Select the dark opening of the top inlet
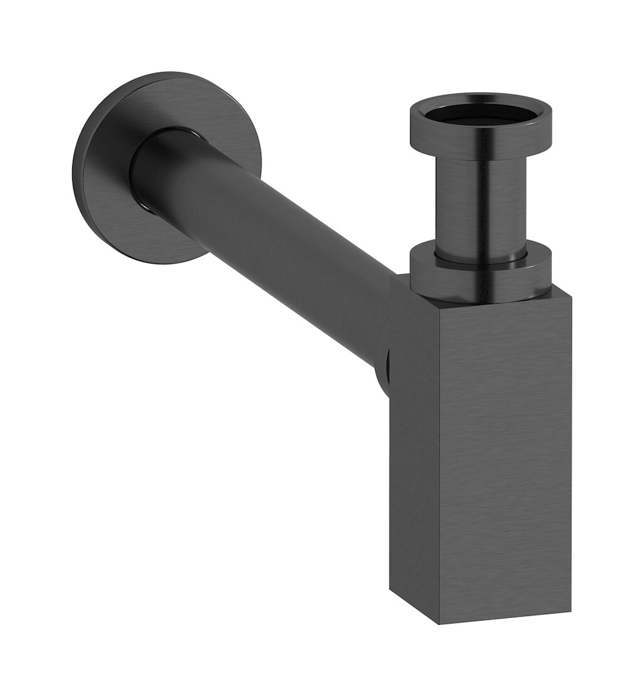pyautogui.click(x=481, y=113)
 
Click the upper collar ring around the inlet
pyautogui.click(x=481, y=142)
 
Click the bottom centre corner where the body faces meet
pyautogui.click(x=438, y=623)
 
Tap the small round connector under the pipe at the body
pyautogui.click(x=383, y=373)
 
